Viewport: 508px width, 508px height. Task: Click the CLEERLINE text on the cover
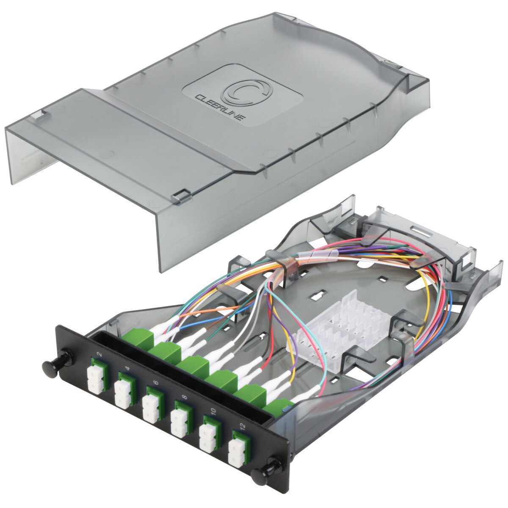pyautogui.click(x=218, y=109)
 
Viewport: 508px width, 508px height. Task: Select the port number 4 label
pyautogui.click(x=127, y=367)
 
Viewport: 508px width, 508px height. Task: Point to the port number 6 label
pyautogui.click(x=156, y=382)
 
